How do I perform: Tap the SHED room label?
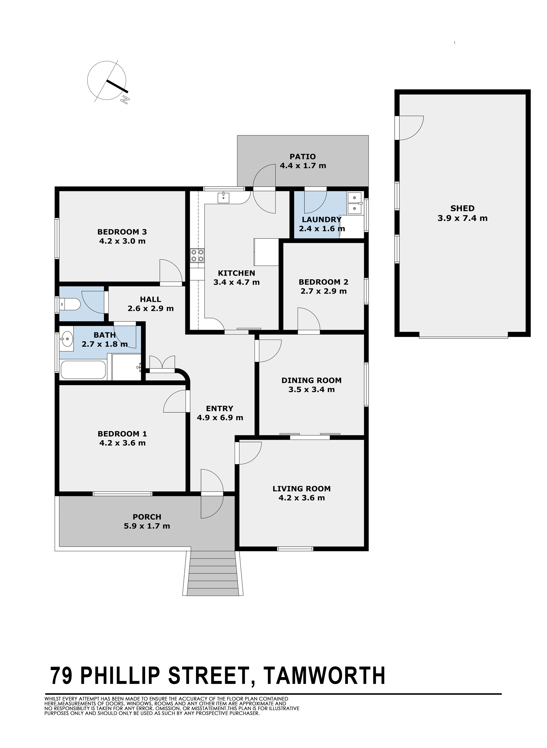coord(462,208)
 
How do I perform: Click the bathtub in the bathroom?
coord(83,370)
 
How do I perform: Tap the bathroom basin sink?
coord(67,339)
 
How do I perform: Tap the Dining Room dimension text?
coord(312,389)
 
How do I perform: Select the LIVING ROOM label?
coord(302,489)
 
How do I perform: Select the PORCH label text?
coord(147,517)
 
